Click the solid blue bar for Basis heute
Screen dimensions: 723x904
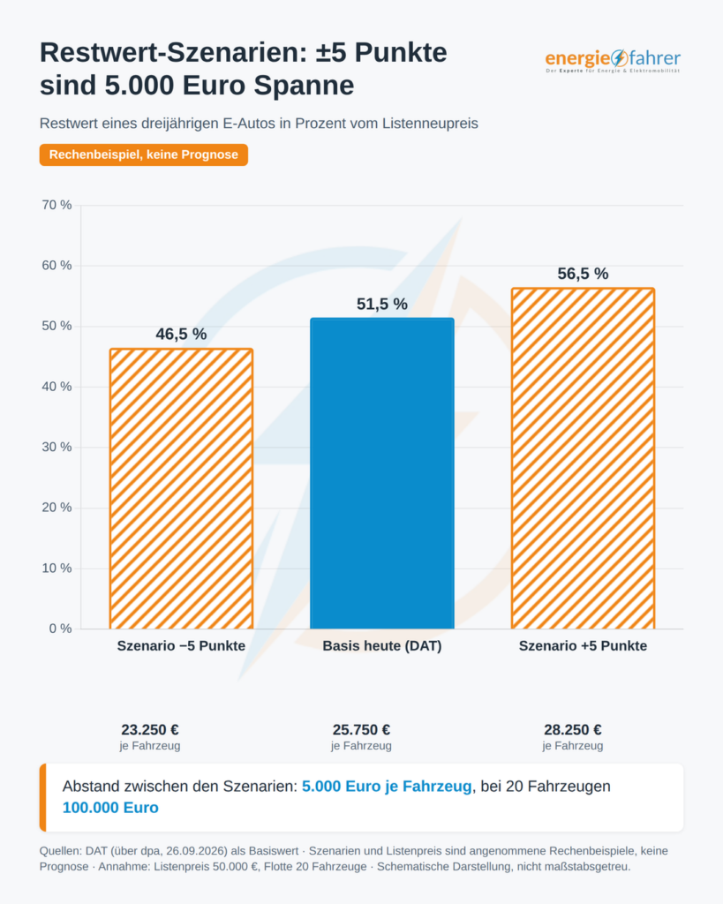coord(381,473)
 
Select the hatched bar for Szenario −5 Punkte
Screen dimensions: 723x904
coord(181,488)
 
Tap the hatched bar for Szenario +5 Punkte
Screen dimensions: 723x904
coord(583,458)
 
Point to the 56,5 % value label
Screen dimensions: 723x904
coord(583,274)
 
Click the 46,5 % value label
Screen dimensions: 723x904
coord(181,335)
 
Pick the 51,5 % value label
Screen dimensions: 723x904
coord(381,304)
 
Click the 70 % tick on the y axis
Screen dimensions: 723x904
coord(56,205)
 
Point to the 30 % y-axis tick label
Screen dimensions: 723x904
coord(56,448)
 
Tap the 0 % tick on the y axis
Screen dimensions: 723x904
coord(61,629)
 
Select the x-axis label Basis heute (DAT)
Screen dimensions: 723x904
coord(381,645)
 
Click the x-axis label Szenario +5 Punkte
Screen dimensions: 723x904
coord(583,645)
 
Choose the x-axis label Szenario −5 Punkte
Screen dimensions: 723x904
coord(181,645)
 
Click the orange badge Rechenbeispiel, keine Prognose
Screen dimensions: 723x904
coord(144,155)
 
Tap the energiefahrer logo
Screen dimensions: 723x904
coord(613,60)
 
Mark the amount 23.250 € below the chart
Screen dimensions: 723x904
coord(150,730)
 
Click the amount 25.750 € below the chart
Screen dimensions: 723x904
coord(362,730)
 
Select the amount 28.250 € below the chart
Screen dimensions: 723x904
coord(573,730)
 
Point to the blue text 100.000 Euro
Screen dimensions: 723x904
coord(110,808)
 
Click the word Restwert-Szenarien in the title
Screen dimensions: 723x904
coord(173,53)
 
